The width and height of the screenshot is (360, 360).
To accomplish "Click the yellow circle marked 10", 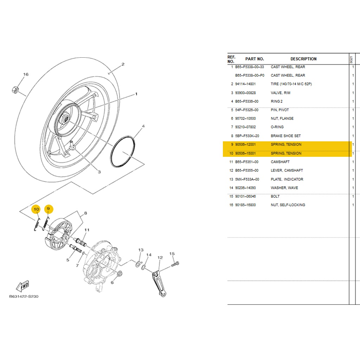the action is click(36, 209).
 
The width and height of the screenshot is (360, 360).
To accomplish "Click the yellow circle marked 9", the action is click(49, 209).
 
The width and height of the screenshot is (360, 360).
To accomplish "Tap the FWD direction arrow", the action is click(22, 286).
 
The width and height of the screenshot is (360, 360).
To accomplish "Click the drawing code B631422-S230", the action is click(24, 296).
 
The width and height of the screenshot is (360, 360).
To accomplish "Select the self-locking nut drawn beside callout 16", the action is click(15, 90).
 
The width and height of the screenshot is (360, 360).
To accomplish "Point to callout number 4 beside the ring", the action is click(143, 126).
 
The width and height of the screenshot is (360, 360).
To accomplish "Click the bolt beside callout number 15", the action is click(175, 264).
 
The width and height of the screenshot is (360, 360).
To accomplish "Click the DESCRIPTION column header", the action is click(303, 59).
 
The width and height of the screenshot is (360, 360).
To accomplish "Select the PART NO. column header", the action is click(255, 59).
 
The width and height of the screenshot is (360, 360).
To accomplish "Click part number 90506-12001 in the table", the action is click(245, 144).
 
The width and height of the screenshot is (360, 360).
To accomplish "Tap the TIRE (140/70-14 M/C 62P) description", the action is click(291, 84).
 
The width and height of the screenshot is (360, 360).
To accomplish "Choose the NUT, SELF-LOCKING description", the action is click(288, 205).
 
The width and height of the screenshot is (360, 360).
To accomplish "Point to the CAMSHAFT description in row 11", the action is click(280, 162).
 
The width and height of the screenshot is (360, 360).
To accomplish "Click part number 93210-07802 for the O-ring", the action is click(245, 127).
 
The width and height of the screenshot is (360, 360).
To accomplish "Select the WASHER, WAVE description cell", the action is click(284, 188).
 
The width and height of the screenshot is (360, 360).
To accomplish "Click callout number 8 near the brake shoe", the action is click(86, 213).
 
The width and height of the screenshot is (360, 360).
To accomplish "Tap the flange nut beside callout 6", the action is click(120, 274).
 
